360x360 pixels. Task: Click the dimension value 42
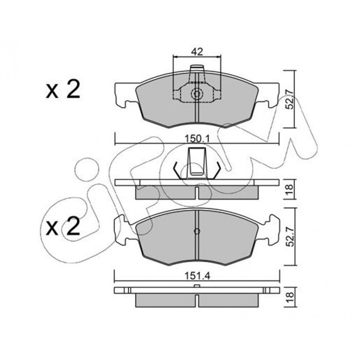pyautogui.click(x=197, y=52)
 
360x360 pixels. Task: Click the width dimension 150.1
pyautogui.click(x=197, y=139)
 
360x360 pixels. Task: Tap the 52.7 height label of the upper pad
pyautogui.click(x=291, y=99)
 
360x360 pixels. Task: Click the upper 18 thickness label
pyautogui.click(x=290, y=190)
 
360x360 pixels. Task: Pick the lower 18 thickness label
pyautogui.click(x=290, y=297)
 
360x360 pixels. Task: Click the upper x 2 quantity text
pyautogui.click(x=63, y=90)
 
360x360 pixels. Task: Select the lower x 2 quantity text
pyautogui.click(x=63, y=226)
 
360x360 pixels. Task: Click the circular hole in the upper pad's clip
pyautogui.click(x=197, y=94)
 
